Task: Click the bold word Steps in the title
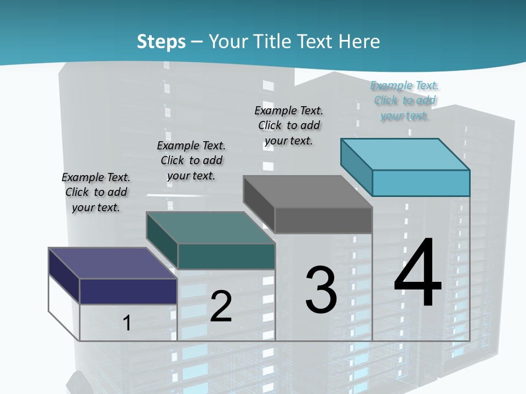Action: coord(161,42)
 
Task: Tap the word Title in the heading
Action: coord(272,42)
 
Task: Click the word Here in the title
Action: coord(359,42)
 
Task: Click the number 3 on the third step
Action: coord(321,289)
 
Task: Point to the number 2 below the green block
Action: coord(221,306)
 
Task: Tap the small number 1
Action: coord(127,323)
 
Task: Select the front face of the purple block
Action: coord(128,291)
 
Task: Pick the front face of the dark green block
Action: coord(226,256)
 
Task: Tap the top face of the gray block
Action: coord(307,192)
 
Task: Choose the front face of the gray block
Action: coord(323,220)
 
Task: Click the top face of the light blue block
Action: coord(405,154)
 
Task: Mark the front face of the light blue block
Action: coord(421,183)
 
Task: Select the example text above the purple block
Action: coord(96,192)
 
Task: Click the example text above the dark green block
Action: coord(191,160)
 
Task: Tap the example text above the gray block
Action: coord(289,125)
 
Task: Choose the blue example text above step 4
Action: coord(404,100)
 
